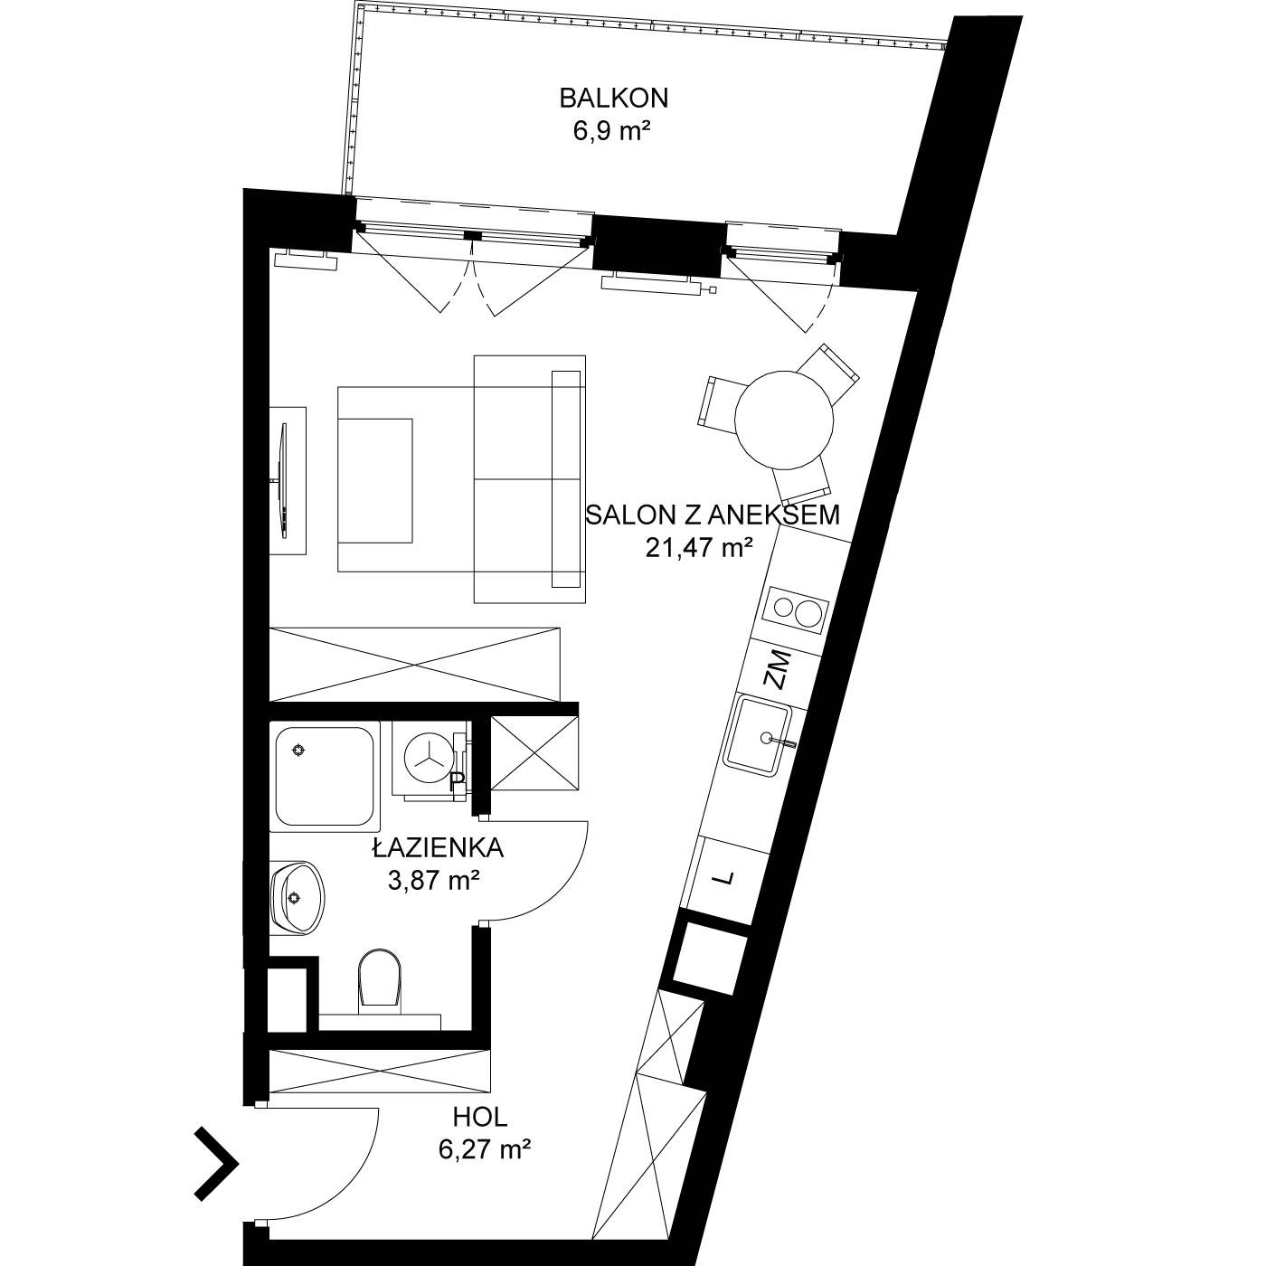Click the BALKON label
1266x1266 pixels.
[x=614, y=98]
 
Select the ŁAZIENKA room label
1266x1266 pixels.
[x=439, y=848]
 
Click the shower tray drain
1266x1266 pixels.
[x=299, y=750]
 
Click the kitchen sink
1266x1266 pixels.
[x=758, y=736]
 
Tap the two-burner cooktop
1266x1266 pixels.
[x=796, y=611]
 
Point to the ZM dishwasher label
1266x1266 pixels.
[x=779, y=669]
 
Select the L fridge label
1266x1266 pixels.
[x=724, y=878]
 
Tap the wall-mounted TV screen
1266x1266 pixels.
[x=283, y=480]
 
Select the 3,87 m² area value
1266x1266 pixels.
[x=433, y=880]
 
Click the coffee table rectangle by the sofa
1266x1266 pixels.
[x=375, y=481]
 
